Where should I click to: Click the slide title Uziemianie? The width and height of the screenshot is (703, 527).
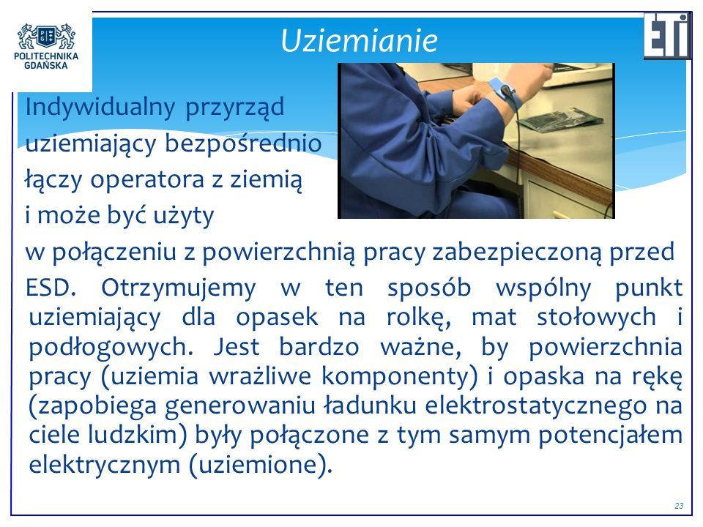point(359,40)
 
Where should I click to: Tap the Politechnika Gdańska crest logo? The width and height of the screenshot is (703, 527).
point(46,37)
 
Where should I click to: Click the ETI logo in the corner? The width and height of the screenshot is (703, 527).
point(668,36)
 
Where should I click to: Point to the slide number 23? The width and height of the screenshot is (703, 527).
point(679,506)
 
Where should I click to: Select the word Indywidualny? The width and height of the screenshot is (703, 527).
point(100,108)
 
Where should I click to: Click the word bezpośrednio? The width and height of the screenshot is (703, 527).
point(243,143)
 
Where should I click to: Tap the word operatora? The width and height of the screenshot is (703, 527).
point(147,180)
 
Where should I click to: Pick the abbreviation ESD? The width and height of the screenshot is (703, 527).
point(51,288)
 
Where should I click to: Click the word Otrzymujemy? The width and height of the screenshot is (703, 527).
point(178,288)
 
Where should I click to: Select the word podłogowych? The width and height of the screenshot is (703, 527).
point(111,348)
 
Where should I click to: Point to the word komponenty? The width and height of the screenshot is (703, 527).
point(399,376)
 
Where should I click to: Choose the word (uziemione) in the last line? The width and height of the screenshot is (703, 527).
point(260,464)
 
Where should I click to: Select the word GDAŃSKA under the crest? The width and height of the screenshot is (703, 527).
point(45,65)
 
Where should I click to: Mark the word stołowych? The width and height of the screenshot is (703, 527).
point(596,317)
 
